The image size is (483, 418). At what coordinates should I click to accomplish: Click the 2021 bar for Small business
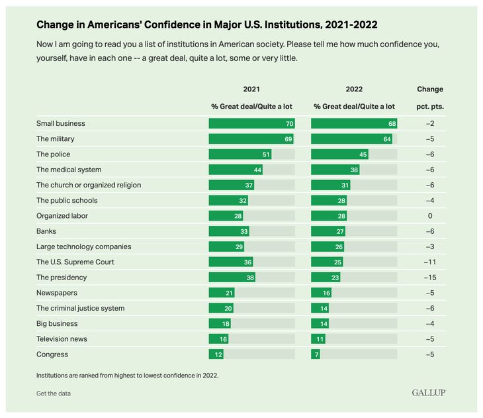pyautogui.click(x=251, y=123)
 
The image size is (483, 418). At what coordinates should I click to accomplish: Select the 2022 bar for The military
pyautogui.click(x=351, y=138)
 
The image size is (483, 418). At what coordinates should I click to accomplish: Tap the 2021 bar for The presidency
pyautogui.click(x=232, y=278)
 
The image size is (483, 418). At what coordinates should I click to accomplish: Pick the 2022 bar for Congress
pyautogui.click(x=316, y=354)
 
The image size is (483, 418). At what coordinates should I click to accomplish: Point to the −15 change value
pyautogui.click(x=430, y=278)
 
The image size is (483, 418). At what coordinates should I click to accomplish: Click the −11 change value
pyautogui.click(x=430, y=262)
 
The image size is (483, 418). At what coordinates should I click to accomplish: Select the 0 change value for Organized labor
pyautogui.click(x=430, y=216)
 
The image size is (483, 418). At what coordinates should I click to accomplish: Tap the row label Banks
pyautogui.click(x=47, y=231)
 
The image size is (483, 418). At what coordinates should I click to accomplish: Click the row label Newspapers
pyautogui.click(x=57, y=293)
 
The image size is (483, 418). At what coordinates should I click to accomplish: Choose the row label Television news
pyautogui.click(x=62, y=339)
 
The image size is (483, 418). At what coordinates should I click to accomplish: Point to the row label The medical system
pyautogui.click(x=69, y=170)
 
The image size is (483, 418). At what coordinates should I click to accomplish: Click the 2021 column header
pyautogui.click(x=251, y=89)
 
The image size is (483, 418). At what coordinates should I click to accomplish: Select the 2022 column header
pyautogui.click(x=354, y=89)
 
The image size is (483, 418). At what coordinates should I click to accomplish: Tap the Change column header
pyautogui.click(x=430, y=89)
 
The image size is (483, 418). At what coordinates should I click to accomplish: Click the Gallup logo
pyautogui.click(x=429, y=393)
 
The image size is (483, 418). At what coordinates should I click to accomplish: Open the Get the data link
pyautogui.click(x=54, y=393)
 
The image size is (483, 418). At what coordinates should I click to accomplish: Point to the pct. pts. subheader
pyautogui.click(x=430, y=106)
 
